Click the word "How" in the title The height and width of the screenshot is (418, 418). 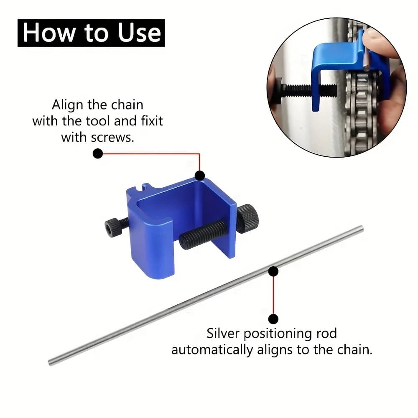pyautogui.click(x=49, y=33)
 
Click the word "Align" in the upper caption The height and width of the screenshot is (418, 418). pyautogui.click(x=68, y=105)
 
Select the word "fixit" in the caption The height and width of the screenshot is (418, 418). pyautogui.click(x=152, y=121)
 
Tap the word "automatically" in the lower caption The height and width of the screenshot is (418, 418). pyautogui.click(x=212, y=350)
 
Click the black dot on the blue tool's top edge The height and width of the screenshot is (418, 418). pyautogui.click(x=200, y=176)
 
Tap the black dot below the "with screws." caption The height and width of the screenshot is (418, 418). pyautogui.click(x=98, y=153)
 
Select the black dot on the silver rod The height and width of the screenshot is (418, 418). pyautogui.click(x=273, y=271)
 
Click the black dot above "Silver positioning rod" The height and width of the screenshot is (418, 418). pyautogui.click(x=273, y=319)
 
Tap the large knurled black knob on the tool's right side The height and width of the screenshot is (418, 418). pyautogui.click(x=247, y=219)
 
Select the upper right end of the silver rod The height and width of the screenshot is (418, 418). pyautogui.click(x=362, y=229)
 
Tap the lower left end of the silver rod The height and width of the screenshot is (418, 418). pyautogui.click(x=50, y=363)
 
